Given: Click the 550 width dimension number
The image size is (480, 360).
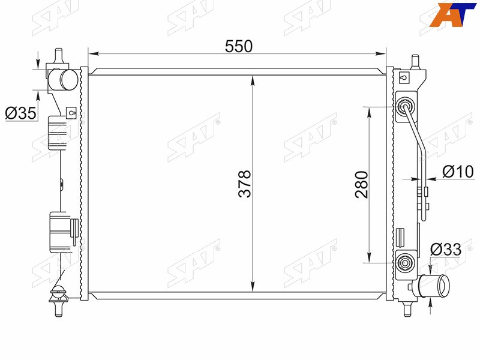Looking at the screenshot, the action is tap(239, 47).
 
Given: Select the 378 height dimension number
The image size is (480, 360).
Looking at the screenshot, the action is tap(245, 184).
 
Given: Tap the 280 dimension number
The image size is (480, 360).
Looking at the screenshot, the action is tap(362, 185).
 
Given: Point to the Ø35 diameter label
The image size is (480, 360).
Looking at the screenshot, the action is tap(21, 113).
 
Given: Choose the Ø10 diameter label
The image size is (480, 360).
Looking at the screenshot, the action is tap(458, 172).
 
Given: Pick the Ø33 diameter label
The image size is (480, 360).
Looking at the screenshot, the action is tap(446, 250).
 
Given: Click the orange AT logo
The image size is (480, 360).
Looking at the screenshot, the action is tap(452, 14).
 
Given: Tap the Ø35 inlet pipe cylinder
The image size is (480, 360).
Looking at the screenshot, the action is tap(64, 80).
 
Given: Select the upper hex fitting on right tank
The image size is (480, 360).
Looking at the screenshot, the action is tap(404, 107).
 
